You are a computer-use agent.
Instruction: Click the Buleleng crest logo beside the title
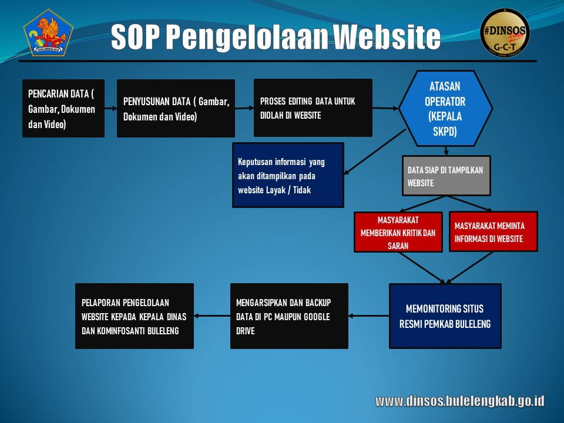48,33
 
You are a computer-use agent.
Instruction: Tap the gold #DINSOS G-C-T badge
505,33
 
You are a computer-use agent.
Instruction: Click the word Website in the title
387,36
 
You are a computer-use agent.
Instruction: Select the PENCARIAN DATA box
63,108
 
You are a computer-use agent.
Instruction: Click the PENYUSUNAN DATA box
176,108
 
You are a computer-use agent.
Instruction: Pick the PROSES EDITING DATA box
313,108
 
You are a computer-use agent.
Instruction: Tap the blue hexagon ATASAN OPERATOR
445,108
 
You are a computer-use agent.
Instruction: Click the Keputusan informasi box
288,175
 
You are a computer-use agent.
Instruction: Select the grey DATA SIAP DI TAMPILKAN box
446,176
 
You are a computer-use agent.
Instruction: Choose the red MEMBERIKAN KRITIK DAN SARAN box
398,232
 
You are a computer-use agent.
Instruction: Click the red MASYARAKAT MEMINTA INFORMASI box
493,231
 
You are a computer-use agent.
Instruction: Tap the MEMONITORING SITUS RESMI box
445,316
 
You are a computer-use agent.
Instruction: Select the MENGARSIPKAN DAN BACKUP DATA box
289,316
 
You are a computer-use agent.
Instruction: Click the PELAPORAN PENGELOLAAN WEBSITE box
135,316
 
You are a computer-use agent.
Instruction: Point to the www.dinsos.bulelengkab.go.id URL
459,401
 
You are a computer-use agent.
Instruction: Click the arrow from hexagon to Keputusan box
375,152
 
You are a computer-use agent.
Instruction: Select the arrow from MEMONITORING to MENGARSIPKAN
369,316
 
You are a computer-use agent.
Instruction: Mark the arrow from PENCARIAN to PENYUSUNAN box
111,108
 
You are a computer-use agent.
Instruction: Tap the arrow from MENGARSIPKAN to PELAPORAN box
212,316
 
